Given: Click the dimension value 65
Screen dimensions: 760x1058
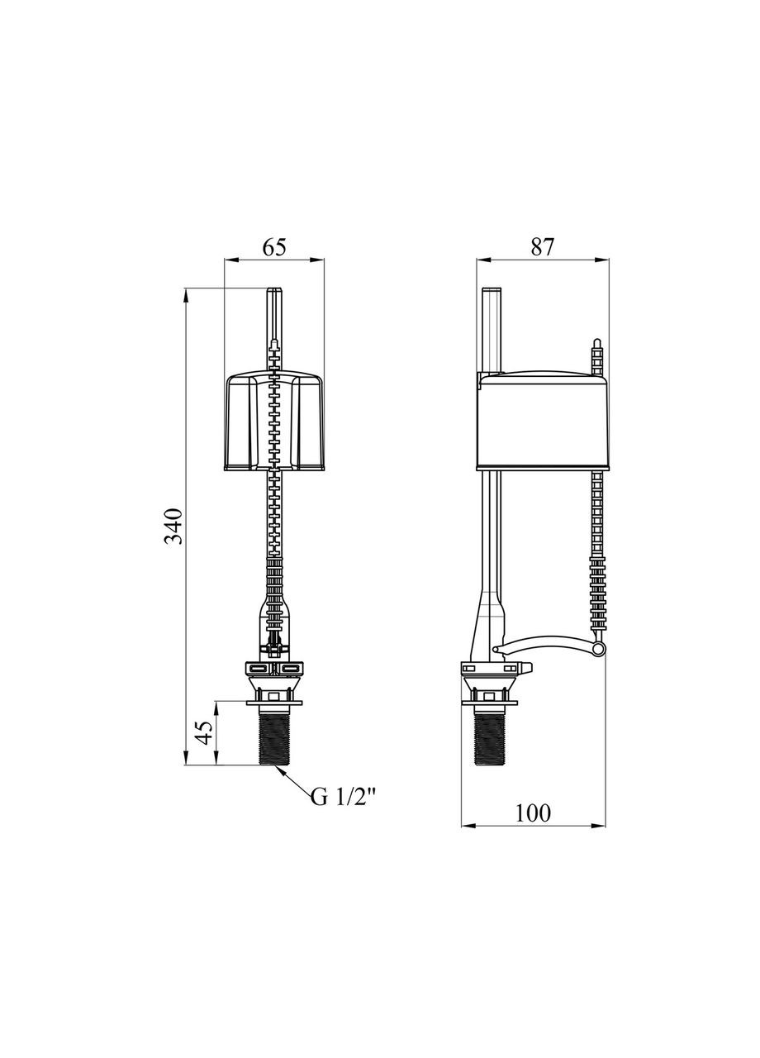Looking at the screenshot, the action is click(x=274, y=246).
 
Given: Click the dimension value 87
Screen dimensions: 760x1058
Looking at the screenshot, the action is click(x=541, y=246).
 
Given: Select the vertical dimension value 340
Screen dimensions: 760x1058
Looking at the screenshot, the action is click(x=174, y=527).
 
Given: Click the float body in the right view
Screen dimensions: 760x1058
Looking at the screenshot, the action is click(x=541, y=422).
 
